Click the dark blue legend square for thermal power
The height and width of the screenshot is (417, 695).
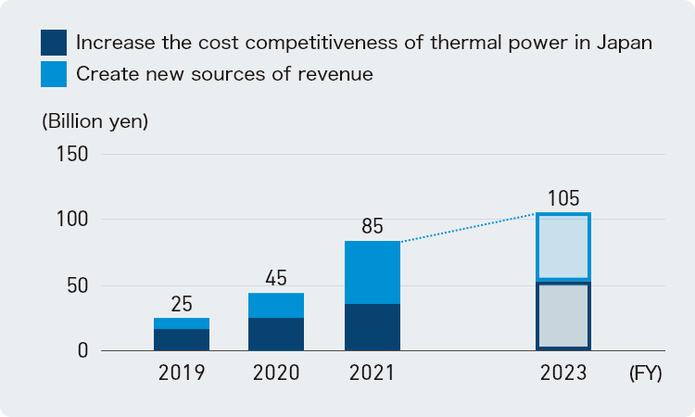(54, 43)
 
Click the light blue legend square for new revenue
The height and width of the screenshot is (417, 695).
(54, 74)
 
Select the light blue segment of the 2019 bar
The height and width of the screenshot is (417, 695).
(182, 323)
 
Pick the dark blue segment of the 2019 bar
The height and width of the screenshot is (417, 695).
(182, 340)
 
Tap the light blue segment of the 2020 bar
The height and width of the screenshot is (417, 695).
(276, 306)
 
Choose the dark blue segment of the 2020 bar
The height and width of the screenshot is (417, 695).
(276, 335)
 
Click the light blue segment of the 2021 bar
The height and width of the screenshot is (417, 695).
(372, 272)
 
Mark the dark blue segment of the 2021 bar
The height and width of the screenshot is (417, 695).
(372, 327)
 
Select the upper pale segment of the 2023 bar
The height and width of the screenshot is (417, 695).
(562, 246)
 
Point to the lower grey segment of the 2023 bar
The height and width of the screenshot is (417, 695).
(562, 315)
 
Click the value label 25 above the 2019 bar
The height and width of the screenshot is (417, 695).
(182, 304)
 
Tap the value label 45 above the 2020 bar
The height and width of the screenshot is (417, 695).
(276, 278)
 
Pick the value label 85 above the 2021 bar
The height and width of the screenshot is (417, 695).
(372, 226)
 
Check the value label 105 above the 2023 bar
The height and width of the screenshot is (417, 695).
(562, 198)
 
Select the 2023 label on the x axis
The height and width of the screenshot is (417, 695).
(562, 373)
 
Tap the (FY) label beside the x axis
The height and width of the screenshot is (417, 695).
(645, 373)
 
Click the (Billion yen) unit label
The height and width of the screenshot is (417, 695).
(95, 121)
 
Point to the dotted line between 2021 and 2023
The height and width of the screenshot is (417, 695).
(468, 228)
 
